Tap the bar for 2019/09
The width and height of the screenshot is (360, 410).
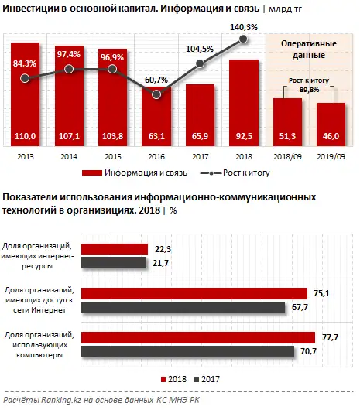[331, 124]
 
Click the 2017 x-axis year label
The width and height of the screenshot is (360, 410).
[200, 155]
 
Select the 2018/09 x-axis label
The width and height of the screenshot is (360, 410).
[287, 155]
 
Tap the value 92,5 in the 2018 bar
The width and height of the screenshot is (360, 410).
[243, 136]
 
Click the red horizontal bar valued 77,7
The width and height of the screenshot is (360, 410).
[198, 337]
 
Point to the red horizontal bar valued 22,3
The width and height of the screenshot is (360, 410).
[114, 248]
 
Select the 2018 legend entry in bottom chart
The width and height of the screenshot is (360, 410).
[172, 378]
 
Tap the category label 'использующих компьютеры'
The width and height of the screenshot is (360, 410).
[40, 347]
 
